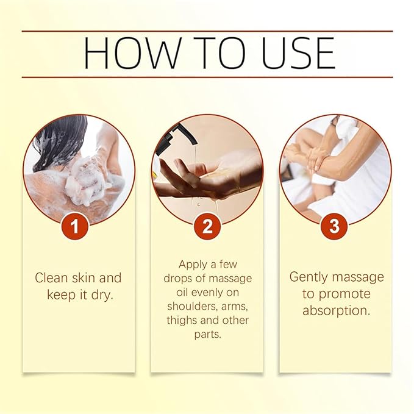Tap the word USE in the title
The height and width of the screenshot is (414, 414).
pyautogui.click(x=299, y=53)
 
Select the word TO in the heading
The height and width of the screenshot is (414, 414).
pyautogui.click(x=219, y=53)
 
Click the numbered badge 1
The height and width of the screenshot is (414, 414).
pyautogui.click(x=75, y=227)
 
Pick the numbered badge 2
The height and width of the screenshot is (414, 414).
pyautogui.click(x=207, y=227)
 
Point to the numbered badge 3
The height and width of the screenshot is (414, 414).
pyautogui.click(x=334, y=227)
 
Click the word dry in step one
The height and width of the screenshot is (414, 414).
pyautogui.click(x=102, y=295)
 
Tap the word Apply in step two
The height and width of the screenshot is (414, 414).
pyautogui.click(x=193, y=265)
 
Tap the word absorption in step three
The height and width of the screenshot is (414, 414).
pyautogui.click(x=336, y=311)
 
